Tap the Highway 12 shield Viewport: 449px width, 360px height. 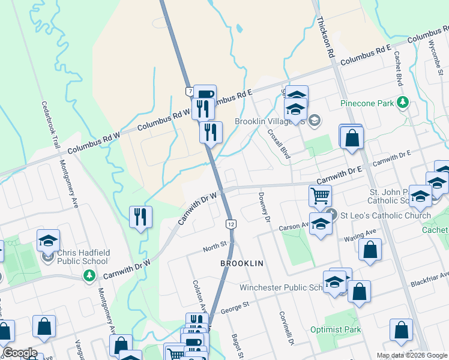pos(231,224)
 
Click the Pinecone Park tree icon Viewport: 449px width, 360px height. pos(403,103)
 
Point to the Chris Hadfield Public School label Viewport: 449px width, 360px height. pos(82,257)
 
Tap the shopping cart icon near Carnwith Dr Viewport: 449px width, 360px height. pos(320,195)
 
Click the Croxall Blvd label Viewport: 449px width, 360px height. pos(279,145)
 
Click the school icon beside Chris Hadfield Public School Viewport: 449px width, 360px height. pos(48,241)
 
